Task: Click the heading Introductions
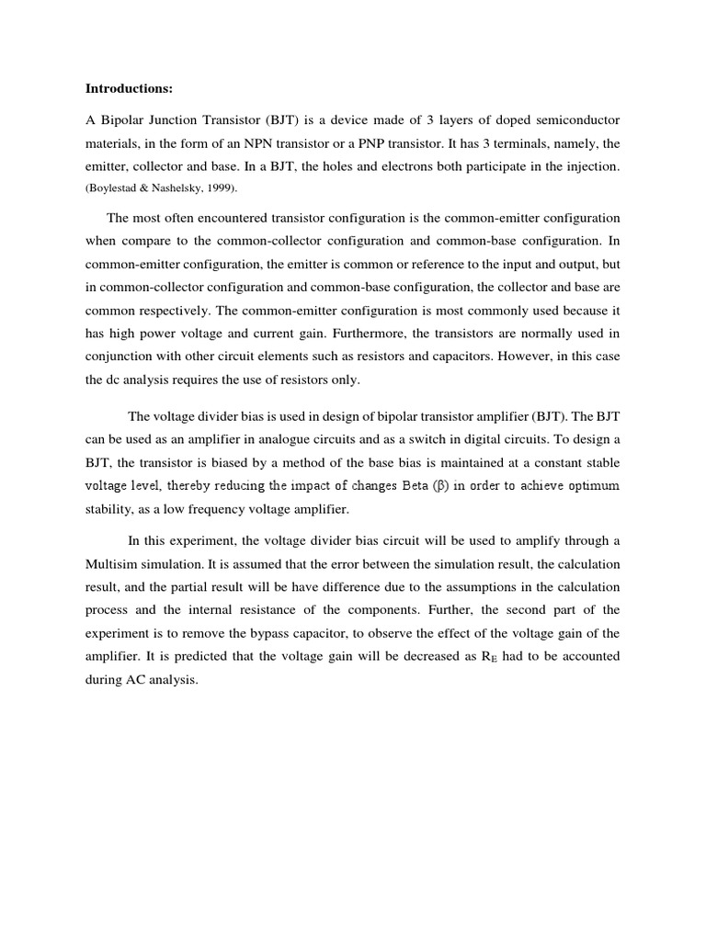tap(130, 89)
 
